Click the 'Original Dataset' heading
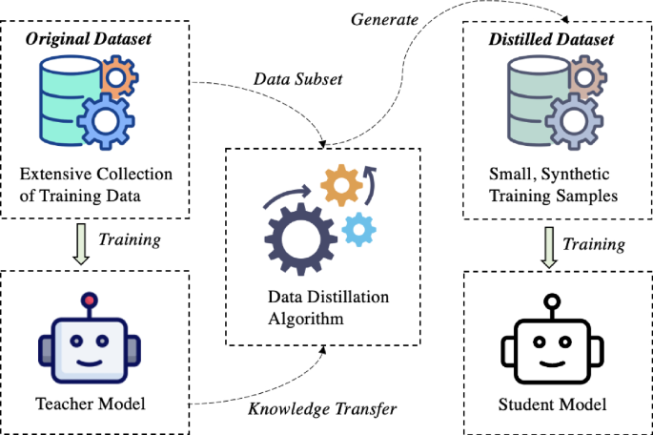coord(89,41)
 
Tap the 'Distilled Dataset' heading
coord(552,41)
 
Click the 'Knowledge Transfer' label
coord(322,410)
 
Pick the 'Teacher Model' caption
coord(91,404)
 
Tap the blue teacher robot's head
coord(89,348)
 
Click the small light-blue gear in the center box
coord(357,228)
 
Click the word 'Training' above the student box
coord(594,245)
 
